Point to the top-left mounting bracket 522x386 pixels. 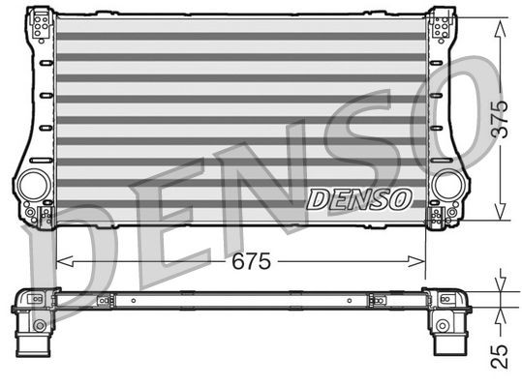point(41,24)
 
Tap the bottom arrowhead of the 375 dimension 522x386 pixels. point(498,218)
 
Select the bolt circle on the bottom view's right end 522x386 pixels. point(444,323)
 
